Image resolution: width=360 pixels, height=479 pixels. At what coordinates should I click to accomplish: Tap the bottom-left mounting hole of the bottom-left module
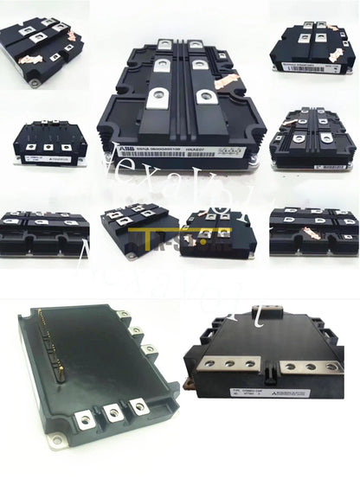tap(56, 442)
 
